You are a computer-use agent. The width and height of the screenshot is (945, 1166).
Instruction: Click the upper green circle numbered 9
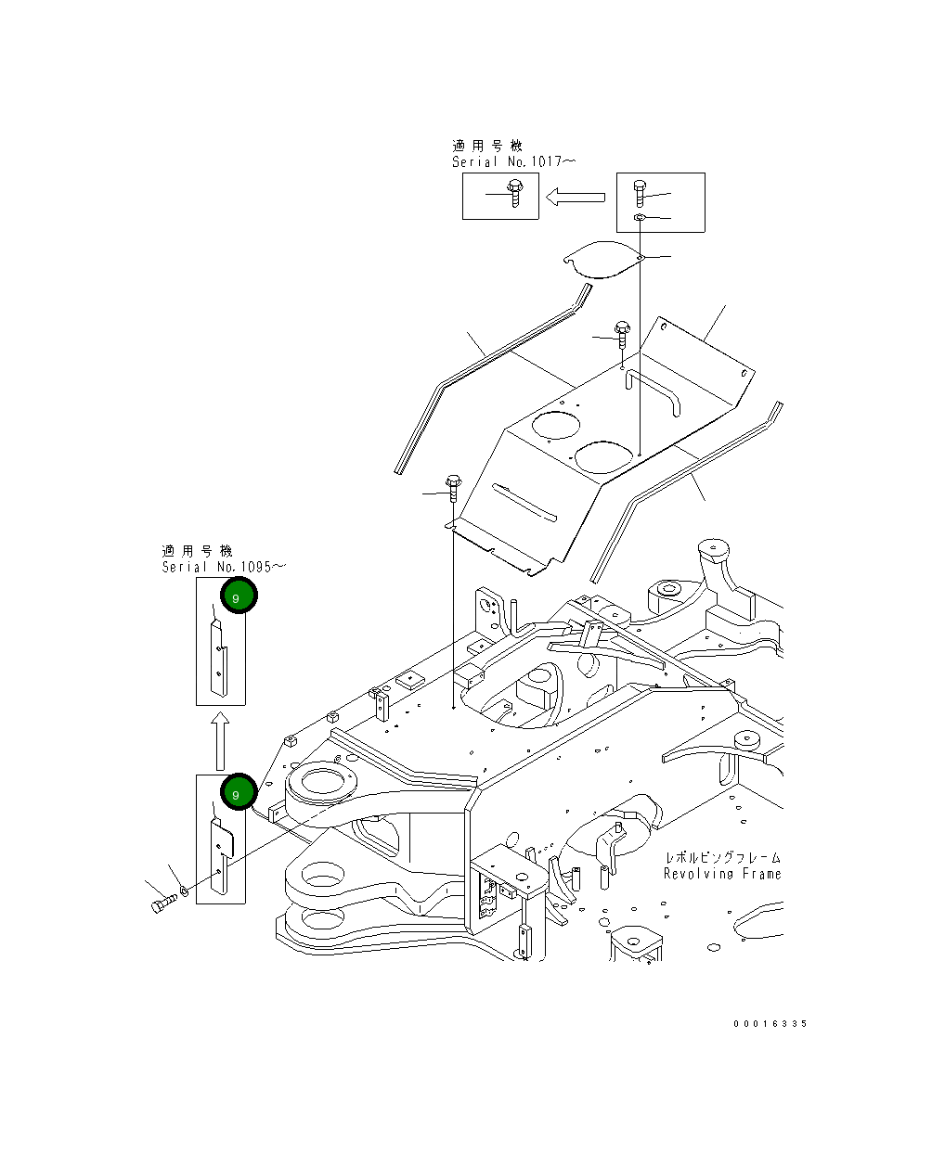[239, 595]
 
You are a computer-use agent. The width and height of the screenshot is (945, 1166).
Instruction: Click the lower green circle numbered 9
[239, 791]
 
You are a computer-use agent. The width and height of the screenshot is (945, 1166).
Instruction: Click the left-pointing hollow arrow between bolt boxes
[576, 197]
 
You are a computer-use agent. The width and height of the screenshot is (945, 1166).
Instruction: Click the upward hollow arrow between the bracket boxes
[220, 740]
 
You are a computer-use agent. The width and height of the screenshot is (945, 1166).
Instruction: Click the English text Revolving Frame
[722, 874]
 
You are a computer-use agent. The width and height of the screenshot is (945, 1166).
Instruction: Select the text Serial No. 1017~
[513, 161]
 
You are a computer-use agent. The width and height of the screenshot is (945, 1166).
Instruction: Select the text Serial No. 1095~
[224, 567]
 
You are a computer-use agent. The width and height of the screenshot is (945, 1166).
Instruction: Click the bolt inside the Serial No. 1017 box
[515, 193]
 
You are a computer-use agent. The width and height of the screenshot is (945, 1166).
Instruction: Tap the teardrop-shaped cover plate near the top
[603, 260]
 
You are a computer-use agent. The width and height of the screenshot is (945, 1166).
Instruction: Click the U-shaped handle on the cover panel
[653, 391]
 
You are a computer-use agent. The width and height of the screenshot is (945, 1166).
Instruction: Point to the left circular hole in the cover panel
[555, 426]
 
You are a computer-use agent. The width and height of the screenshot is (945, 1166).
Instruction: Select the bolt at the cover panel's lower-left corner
[453, 488]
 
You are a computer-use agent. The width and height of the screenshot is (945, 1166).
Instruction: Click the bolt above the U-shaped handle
[622, 335]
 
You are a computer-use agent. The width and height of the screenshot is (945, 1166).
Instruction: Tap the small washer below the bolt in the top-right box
[639, 218]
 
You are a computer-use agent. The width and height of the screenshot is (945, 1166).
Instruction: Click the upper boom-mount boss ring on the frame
[322, 781]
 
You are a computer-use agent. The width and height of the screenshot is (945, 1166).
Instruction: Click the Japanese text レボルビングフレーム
[723, 857]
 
